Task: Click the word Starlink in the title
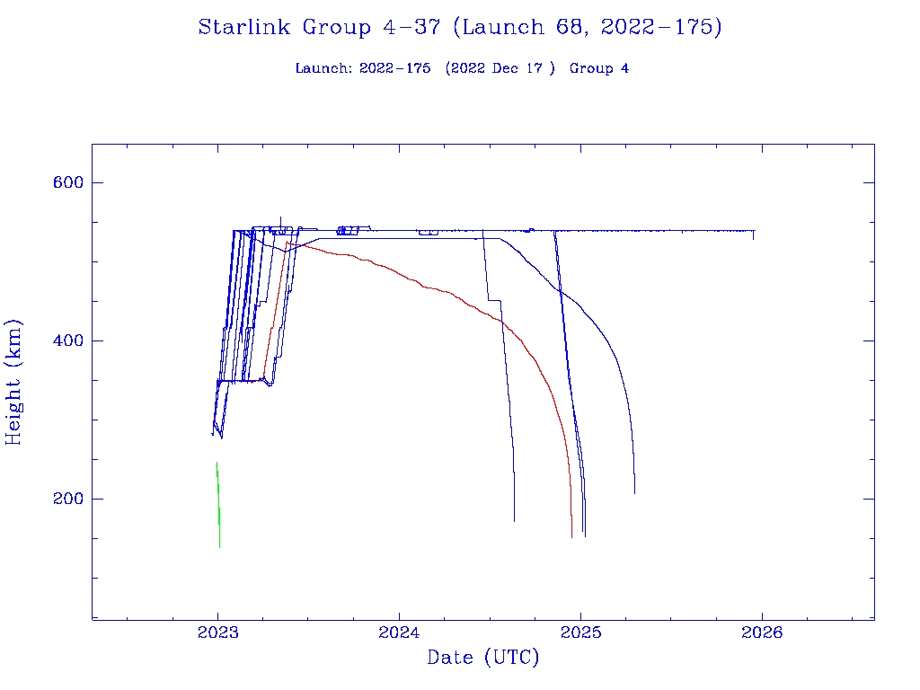pos(245,28)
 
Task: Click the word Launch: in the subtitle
pos(324,68)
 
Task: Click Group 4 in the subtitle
pos(598,68)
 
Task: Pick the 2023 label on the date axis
pos(217,632)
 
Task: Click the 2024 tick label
pos(399,632)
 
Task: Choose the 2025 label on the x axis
pos(580,632)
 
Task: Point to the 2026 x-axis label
pos(762,632)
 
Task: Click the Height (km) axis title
pos(14,382)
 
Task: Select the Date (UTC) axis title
pos(482,658)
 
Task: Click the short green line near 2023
pos(218,503)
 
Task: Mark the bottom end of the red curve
pos(571,536)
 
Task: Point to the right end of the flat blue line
pos(754,231)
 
